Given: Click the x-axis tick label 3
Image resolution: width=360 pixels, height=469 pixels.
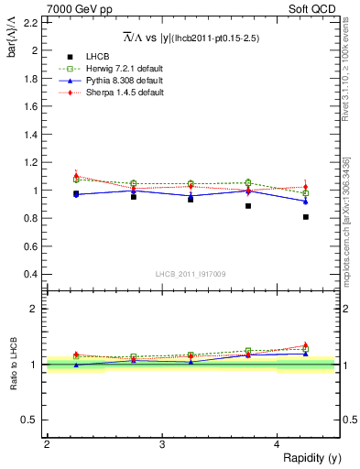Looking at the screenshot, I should tap(162, 444).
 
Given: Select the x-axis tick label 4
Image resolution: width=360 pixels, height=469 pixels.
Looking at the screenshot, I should tap(278, 444).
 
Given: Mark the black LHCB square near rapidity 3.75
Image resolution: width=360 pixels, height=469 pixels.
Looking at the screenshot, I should tap(248, 206).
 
